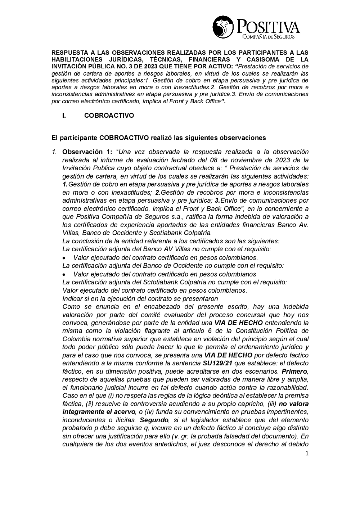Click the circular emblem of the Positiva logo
coord(223,27)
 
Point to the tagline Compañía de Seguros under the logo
coord(269,36)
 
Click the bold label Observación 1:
coord(87,152)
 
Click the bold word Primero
coord(294,379)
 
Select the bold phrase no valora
coord(294,404)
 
